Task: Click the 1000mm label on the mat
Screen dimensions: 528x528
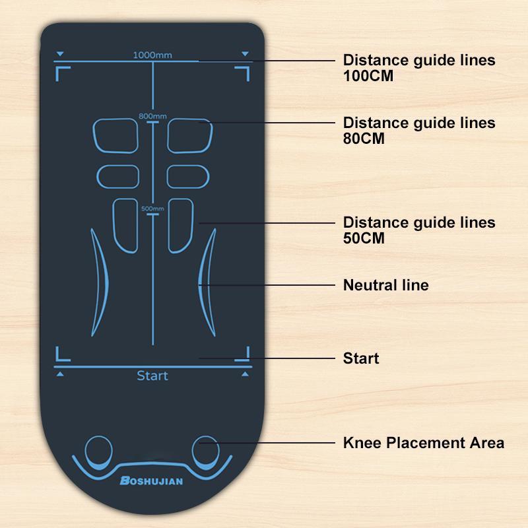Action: pyautogui.click(x=152, y=55)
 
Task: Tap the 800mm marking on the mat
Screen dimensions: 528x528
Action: pyautogui.click(x=152, y=116)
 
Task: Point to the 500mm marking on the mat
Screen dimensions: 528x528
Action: pyautogui.click(x=152, y=209)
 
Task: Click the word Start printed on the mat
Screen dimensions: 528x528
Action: pyautogui.click(x=152, y=376)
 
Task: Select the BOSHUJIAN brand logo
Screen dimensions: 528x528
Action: pyautogui.click(x=152, y=480)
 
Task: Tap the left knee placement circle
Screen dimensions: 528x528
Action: pyautogui.click(x=98, y=453)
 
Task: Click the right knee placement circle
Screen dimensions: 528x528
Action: pyautogui.click(x=206, y=453)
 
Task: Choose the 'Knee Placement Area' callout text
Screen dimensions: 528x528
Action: pyautogui.click(x=424, y=443)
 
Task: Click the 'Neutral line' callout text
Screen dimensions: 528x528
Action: pyautogui.click(x=386, y=285)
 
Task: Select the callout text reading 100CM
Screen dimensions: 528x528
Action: pyautogui.click(x=368, y=76)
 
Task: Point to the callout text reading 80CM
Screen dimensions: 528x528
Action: pyautogui.click(x=364, y=139)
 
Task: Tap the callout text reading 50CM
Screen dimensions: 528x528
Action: pyautogui.click(x=364, y=238)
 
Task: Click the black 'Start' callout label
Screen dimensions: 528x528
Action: pyautogui.click(x=361, y=358)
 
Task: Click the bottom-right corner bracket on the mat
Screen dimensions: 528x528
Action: pyautogui.click(x=247, y=359)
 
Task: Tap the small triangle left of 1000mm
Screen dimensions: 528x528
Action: pyautogui.click(x=60, y=53)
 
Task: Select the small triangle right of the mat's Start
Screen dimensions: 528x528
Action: pyautogui.click(x=245, y=374)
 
